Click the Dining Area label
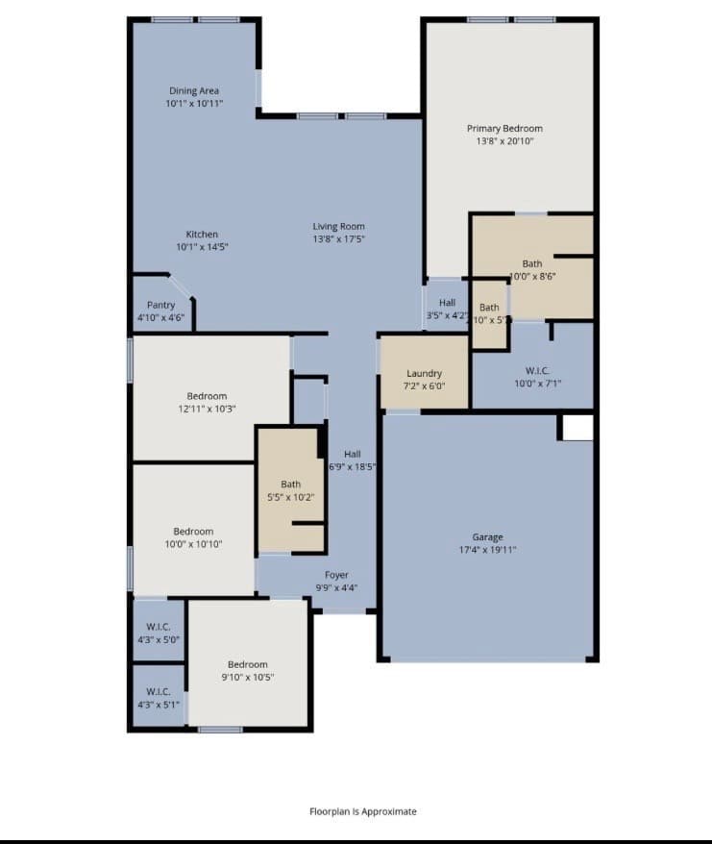(x=194, y=91)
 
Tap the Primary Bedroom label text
(x=504, y=129)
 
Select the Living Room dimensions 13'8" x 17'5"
(x=338, y=238)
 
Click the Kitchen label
(x=202, y=235)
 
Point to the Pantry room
(x=160, y=310)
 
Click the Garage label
(x=487, y=537)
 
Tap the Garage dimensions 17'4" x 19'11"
(x=487, y=550)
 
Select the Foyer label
(x=336, y=575)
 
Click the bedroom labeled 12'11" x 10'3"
(x=207, y=402)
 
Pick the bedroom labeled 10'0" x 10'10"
(x=193, y=537)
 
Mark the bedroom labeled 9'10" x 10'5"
(x=247, y=670)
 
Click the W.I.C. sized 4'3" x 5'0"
(x=158, y=632)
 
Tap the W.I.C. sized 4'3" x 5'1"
(x=158, y=697)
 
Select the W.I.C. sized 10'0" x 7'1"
(x=536, y=376)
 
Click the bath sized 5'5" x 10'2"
(x=290, y=490)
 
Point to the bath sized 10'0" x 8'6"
(x=532, y=269)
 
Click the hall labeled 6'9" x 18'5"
(x=352, y=459)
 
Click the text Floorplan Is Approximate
(x=362, y=811)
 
